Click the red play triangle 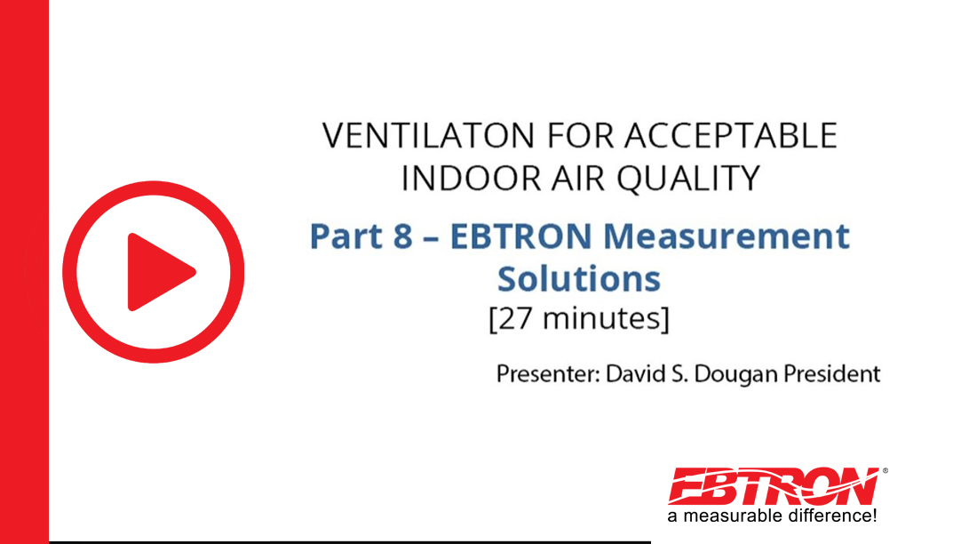(x=157, y=272)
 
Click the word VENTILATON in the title (x=428, y=135)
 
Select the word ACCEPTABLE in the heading (x=731, y=135)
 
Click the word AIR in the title (x=578, y=179)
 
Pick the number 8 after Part (x=402, y=236)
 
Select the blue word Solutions (x=579, y=279)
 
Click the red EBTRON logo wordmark (x=774, y=486)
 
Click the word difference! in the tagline (x=832, y=516)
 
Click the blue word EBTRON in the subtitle (x=521, y=236)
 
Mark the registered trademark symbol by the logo (x=885, y=471)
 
